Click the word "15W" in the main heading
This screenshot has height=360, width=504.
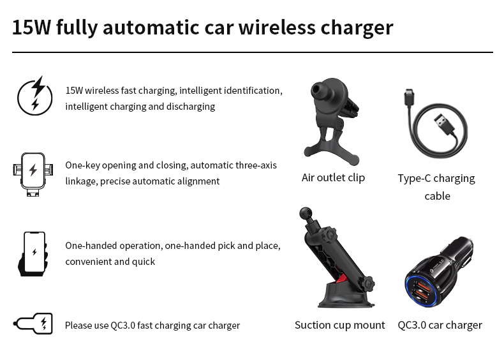[31, 27]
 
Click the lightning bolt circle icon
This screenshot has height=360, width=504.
[34, 96]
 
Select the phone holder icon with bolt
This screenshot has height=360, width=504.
[33, 174]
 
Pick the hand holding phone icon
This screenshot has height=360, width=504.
[33, 254]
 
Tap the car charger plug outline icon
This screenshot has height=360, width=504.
[33, 324]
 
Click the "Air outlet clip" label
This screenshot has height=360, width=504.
[333, 177]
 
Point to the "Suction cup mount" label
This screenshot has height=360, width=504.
[340, 325]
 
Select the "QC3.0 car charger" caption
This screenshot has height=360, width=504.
[440, 325]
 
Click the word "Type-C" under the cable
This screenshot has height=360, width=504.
[414, 178]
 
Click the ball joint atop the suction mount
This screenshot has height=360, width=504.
[306, 213]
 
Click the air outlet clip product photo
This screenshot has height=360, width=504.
[331, 121]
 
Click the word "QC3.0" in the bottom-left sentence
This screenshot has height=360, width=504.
[123, 326]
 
